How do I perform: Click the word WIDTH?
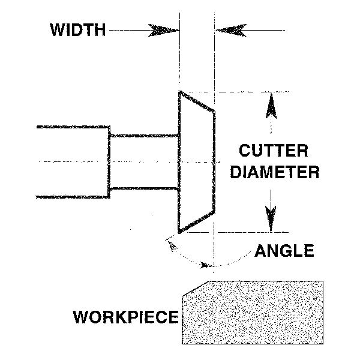[78, 29]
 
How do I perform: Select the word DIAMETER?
[275, 173]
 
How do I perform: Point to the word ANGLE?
[284, 250]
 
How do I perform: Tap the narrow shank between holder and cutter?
[144, 161]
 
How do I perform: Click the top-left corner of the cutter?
[179, 92]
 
